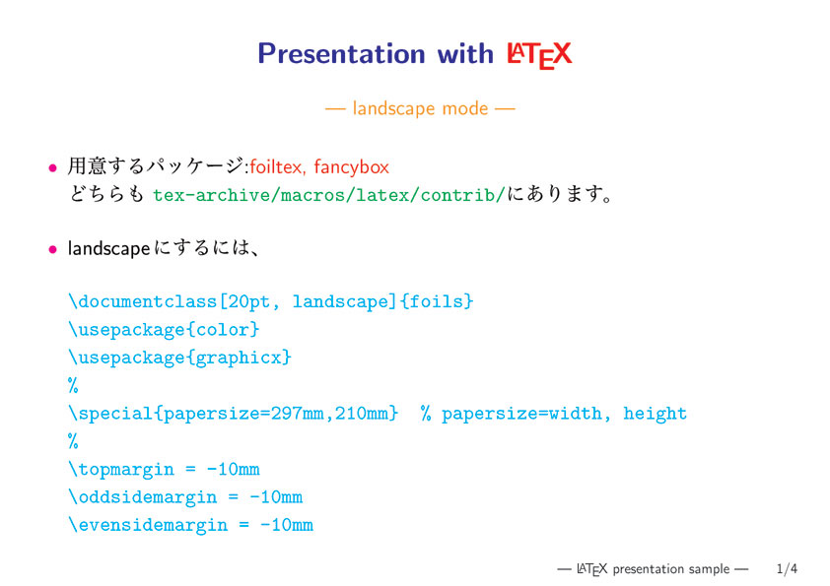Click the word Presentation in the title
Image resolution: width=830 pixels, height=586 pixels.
[x=341, y=54]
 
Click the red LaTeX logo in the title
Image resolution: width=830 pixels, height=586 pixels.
[x=539, y=55]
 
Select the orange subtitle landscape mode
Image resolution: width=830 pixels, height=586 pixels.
[x=420, y=109]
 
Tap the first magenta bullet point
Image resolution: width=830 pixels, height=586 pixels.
[x=52, y=168]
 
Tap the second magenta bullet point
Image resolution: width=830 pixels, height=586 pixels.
[x=52, y=249]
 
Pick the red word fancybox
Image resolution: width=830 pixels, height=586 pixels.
[x=352, y=167]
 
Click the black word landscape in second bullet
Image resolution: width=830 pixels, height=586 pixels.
[x=109, y=248]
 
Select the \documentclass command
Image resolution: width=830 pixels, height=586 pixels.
[x=143, y=301]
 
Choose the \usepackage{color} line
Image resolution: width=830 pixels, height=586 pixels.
[x=164, y=330]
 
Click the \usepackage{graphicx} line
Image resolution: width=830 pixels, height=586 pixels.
[x=180, y=358]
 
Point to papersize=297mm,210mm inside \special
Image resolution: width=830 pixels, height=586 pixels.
[x=276, y=413]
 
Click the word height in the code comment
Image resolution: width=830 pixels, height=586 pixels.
[x=655, y=413]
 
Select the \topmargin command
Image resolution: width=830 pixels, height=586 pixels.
[x=121, y=469]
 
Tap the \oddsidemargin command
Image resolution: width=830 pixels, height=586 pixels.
[x=143, y=497]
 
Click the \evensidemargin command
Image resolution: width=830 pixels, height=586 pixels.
[x=148, y=525]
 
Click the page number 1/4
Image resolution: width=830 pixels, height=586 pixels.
[x=787, y=569]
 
